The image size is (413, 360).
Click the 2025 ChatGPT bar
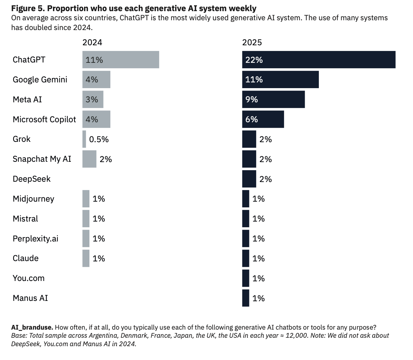[319, 60]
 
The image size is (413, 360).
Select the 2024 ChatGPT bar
[120, 60]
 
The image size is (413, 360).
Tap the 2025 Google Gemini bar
[280, 80]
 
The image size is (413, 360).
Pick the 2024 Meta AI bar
[93, 100]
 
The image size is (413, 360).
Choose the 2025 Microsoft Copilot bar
[263, 119]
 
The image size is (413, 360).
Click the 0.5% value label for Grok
[99, 139]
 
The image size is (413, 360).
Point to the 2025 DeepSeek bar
[249, 179]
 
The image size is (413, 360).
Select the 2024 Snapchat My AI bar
[89, 159]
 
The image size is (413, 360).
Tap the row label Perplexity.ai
[35, 239]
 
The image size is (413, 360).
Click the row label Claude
[26, 258]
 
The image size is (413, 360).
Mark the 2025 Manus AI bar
[246, 298]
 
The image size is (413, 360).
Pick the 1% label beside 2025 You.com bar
[258, 279]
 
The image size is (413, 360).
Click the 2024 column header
[92, 43]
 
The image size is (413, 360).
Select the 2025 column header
[252, 43]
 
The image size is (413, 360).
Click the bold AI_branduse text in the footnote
[32, 327]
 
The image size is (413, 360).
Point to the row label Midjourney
[33, 199]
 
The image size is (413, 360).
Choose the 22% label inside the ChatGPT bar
[254, 60]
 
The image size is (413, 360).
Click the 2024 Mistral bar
[86, 219]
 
